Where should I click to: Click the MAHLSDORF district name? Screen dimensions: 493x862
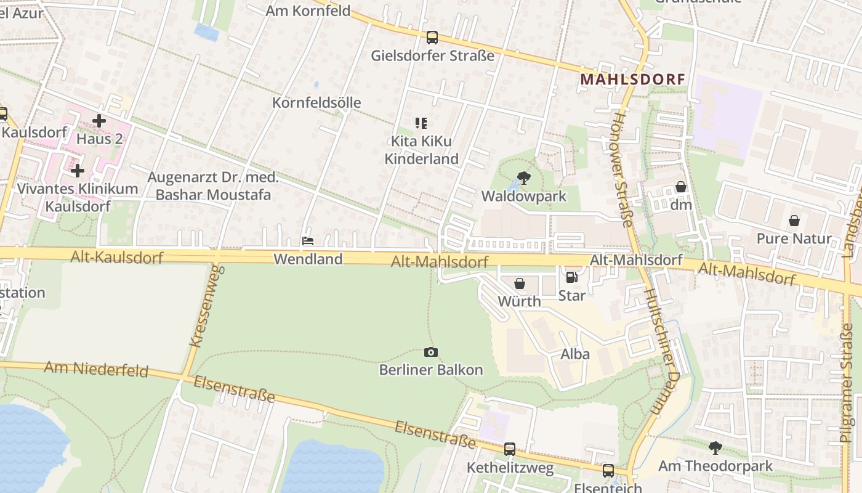tap(633, 79)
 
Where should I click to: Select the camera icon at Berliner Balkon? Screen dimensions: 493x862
tap(431, 352)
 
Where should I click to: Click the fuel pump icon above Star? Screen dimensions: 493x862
tap(571, 278)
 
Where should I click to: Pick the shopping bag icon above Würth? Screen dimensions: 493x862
tap(520, 283)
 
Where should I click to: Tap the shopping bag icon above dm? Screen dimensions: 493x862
tap(681, 187)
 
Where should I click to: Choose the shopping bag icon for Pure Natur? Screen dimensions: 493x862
tap(794, 221)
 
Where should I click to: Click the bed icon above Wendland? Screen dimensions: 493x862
tap(308, 241)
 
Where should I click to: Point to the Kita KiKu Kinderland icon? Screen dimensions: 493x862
tap(421, 123)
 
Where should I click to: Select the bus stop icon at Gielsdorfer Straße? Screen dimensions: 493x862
tap(432, 38)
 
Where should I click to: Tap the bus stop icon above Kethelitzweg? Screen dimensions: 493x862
tap(510, 449)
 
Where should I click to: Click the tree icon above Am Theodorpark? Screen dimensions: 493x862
tap(715, 447)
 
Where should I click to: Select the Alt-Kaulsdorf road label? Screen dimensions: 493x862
tap(116, 257)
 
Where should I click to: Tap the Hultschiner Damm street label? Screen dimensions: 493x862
tap(662, 351)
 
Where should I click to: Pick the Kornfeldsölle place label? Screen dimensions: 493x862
tap(316, 102)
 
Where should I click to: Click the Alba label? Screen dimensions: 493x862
tap(575, 354)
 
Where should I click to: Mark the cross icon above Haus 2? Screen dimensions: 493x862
tap(99, 121)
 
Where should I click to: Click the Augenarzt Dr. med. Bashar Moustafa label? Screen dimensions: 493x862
tap(213, 186)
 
